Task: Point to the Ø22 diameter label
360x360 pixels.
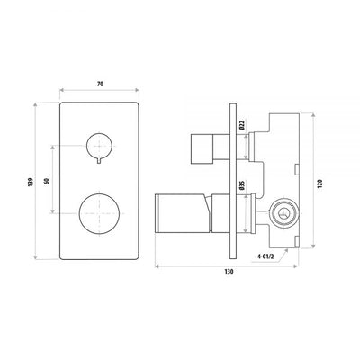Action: click(242, 127)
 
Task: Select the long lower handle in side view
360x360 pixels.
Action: click(184, 211)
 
